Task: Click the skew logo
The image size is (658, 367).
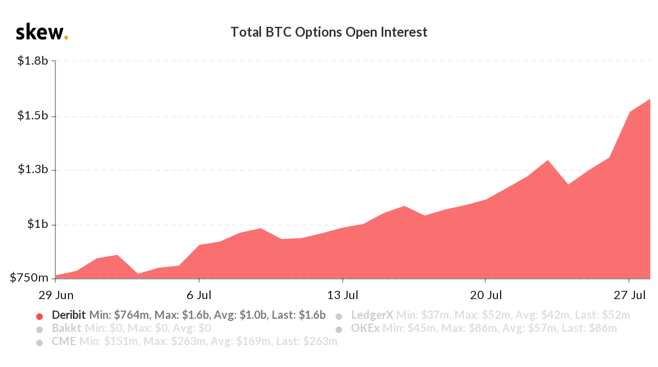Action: point(42,32)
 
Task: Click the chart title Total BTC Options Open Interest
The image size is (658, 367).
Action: point(328,32)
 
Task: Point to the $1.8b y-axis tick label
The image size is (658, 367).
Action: point(33,61)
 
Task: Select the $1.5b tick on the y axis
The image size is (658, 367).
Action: point(33,116)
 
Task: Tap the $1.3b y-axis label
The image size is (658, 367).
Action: point(33,170)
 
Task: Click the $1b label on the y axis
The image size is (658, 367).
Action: point(38,225)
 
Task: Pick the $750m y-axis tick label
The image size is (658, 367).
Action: point(30,279)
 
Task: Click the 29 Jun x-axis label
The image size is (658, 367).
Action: point(56,295)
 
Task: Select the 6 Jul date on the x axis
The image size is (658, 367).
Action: point(198,295)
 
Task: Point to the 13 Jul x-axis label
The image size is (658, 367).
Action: point(342,295)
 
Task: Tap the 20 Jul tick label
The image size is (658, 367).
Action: point(486,295)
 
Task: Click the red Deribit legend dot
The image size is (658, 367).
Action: point(39,316)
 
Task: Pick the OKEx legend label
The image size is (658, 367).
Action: point(365,329)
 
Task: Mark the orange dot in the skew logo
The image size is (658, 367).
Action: point(66,38)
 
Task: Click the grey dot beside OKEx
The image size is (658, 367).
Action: point(339,330)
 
